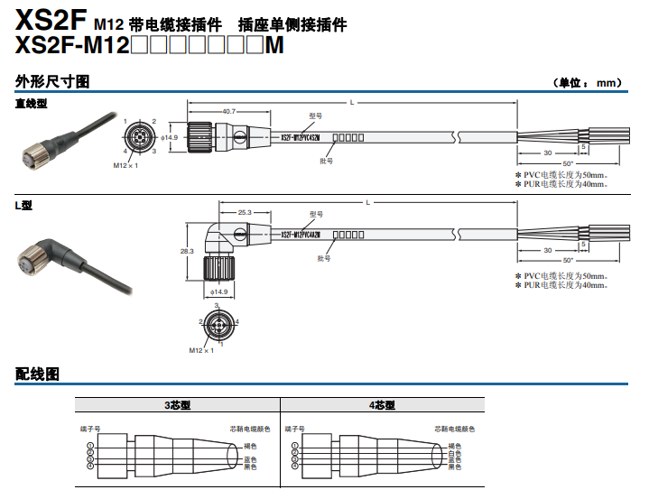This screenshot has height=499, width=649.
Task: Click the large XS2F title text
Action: pos(51,18)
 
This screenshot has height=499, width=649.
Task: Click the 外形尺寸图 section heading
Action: pos(52,82)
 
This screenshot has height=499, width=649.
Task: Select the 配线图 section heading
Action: pos(37,374)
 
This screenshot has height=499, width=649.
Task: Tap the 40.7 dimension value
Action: pos(228,111)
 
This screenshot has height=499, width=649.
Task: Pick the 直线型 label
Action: pos(31,104)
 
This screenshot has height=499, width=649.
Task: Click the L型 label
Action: pos(23,206)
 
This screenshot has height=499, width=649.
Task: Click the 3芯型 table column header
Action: pos(177,406)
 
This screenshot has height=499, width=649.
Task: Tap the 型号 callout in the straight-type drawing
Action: pos(315,116)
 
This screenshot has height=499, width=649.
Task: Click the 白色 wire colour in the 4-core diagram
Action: pos(455,453)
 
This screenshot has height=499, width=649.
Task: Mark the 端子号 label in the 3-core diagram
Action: pos(88,429)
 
